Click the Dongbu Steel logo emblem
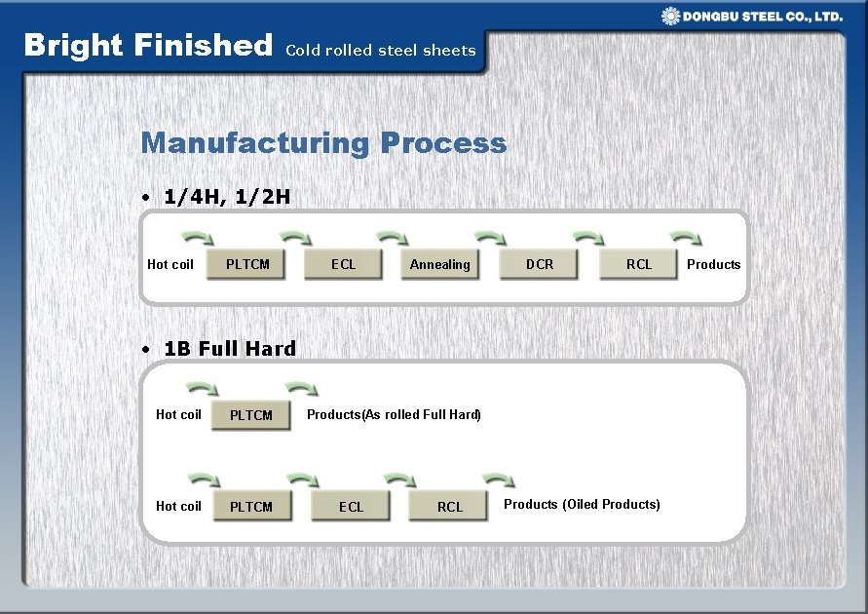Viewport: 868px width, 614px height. pyautogui.click(x=671, y=16)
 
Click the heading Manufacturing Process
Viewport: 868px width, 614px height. pyautogui.click(x=323, y=143)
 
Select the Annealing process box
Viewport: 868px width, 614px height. pyautogui.click(x=440, y=264)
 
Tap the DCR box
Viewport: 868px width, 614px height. pyautogui.click(x=539, y=264)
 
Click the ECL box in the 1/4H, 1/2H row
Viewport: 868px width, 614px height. pyautogui.click(x=343, y=264)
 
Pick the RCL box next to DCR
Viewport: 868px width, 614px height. pyautogui.click(x=639, y=264)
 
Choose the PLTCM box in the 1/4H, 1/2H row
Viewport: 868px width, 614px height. pyautogui.click(x=246, y=264)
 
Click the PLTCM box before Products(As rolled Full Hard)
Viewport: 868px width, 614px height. pyautogui.click(x=250, y=415)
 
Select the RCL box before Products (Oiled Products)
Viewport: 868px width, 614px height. pyautogui.click(x=449, y=507)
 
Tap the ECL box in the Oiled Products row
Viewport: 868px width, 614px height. pyautogui.click(x=351, y=507)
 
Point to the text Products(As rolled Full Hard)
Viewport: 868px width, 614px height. pyautogui.click(x=394, y=414)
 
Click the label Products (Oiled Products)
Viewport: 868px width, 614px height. pyautogui.click(x=582, y=504)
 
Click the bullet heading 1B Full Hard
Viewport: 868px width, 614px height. pyautogui.click(x=229, y=348)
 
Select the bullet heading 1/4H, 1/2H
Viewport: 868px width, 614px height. pyautogui.click(x=226, y=197)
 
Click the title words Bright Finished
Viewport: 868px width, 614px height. pyautogui.click(x=148, y=45)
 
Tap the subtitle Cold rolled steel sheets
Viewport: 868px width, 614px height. pyautogui.click(x=380, y=50)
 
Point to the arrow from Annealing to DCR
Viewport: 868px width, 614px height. pyautogui.click(x=490, y=237)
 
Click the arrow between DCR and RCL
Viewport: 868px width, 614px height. pyautogui.click(x=588, y=237)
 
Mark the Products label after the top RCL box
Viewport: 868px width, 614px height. pyautogui.click(x=713, y=264)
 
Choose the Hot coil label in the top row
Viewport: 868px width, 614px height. pyautogui.click(x=170, y=264)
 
